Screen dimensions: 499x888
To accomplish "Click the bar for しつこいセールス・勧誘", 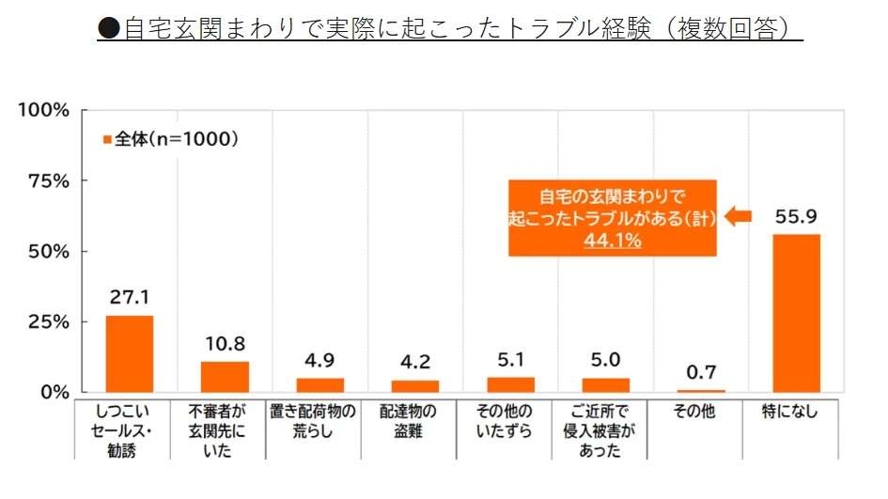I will coord(129,353).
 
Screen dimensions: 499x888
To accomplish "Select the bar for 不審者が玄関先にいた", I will coord(225,376).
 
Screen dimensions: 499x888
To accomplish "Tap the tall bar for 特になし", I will coord(796,313).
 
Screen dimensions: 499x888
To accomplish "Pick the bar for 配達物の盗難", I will coord(414,385).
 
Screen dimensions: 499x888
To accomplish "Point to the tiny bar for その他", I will coord(701,390).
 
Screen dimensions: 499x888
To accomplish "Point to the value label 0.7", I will coord(701,373).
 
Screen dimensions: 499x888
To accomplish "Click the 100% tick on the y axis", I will coord(43,110).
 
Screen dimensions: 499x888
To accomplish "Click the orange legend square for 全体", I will coord(106,140).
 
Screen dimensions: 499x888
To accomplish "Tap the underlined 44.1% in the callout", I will coord(612,241).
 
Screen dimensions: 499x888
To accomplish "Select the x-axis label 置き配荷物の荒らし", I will coord(320,421).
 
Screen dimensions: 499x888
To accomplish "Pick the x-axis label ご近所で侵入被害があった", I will coord(606,430).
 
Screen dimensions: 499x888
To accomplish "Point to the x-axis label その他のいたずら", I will coord(510,421).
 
